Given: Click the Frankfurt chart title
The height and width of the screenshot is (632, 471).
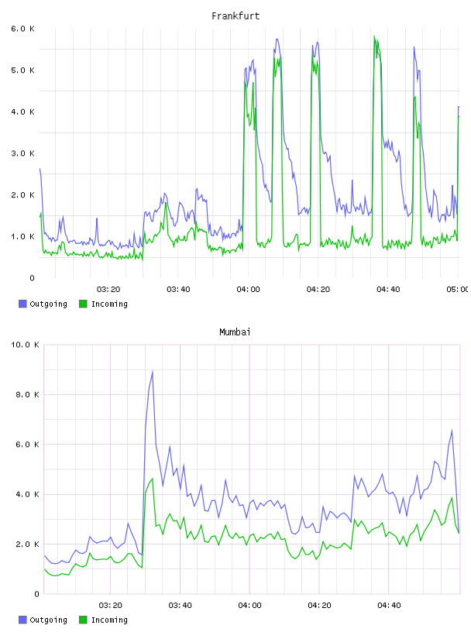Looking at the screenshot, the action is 235,16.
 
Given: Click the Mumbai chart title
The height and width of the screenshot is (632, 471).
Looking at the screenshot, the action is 235,332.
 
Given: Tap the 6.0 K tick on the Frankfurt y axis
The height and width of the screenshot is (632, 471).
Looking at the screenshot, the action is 23,29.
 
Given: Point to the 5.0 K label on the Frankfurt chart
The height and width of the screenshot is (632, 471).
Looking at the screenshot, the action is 23,70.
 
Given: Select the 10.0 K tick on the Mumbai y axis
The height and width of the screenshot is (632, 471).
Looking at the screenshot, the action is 25,345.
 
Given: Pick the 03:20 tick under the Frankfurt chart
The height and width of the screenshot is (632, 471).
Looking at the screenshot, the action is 108,290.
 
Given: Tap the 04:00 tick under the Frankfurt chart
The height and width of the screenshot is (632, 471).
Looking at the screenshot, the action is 249,290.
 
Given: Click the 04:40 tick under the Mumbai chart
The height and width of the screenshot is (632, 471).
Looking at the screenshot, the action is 389,606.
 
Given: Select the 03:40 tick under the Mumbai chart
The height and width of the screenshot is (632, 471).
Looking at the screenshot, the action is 180,606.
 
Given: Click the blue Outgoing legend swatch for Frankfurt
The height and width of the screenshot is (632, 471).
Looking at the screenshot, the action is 22,304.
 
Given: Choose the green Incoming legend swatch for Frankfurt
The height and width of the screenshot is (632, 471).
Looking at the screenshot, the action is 83,304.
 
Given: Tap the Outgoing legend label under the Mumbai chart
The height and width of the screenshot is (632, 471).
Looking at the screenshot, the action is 48,620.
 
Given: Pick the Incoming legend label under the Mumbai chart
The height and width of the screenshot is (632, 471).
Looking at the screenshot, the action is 109,620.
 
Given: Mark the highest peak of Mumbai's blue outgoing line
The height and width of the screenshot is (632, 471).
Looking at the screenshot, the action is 153,371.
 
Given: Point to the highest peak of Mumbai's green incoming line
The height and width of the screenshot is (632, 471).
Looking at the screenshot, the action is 153,479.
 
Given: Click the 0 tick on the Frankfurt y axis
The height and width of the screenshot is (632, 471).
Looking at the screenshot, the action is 33,278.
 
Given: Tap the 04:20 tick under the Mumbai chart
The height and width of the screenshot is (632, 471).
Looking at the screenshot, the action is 319,606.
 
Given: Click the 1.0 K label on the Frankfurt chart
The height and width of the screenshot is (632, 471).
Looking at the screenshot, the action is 23,236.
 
